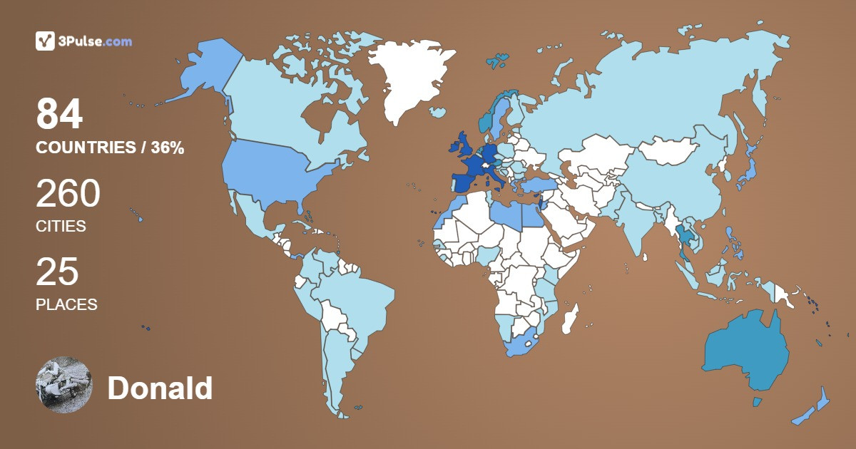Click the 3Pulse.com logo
point(83,41)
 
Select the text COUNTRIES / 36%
point(110,148)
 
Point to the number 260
point(68,193)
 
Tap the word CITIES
point(61,227)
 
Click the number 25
point(57,272)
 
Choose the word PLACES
point(66,304)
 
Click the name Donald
point(160,388)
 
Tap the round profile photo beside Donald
point(64,385)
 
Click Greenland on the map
point(410,78)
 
